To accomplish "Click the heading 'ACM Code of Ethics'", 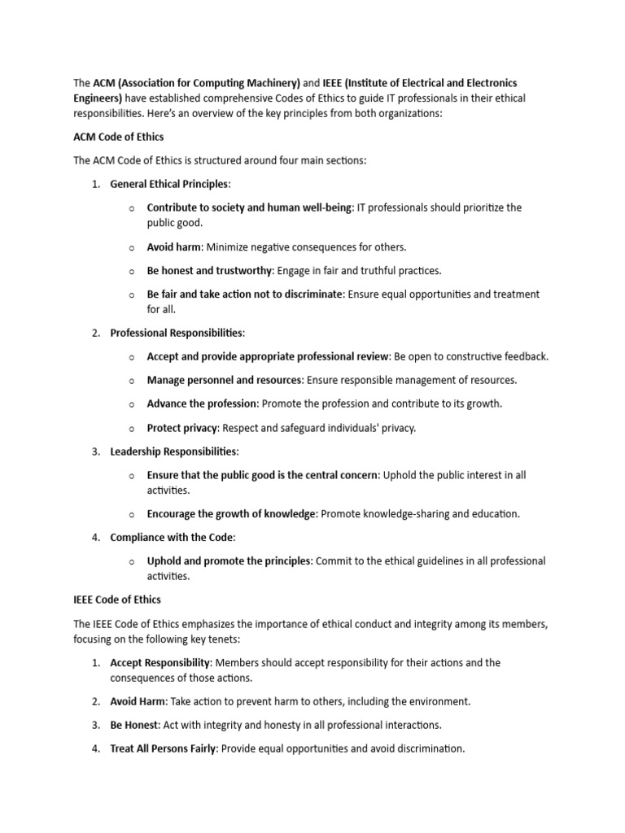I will point(118,136).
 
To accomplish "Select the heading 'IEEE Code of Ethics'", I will point(117,600).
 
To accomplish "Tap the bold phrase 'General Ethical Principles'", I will point(169,184).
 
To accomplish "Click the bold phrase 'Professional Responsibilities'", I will point(177,333).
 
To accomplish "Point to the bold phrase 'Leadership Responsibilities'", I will point(173,451).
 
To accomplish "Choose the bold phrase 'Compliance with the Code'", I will point(171,537).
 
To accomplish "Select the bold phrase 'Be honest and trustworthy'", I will point(210,270).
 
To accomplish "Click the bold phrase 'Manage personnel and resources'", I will point(225,380).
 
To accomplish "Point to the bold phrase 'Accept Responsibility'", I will point(160,663).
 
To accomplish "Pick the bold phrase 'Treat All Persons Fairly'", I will point(163,748).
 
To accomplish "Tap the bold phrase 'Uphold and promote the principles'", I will point(229,560).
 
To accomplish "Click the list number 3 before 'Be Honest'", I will point(94,725).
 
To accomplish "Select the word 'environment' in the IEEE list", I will point(437,701).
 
